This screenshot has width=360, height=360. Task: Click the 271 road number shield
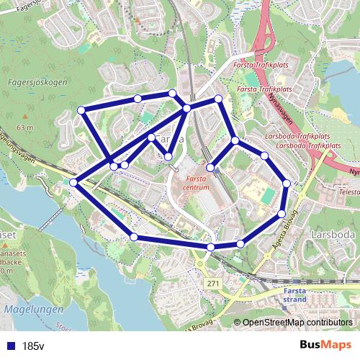point(213,285)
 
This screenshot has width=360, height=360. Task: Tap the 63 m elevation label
point(26,127)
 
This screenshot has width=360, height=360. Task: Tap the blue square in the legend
point(9,346)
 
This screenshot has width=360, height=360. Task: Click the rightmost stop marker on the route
point(287,184)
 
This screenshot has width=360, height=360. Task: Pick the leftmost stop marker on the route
point(73,183)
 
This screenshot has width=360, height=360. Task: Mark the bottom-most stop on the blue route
point(211,248)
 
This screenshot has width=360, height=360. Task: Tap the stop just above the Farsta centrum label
point(210,168)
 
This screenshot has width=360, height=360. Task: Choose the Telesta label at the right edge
point(349,192)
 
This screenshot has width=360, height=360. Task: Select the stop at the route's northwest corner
point(81,110)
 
